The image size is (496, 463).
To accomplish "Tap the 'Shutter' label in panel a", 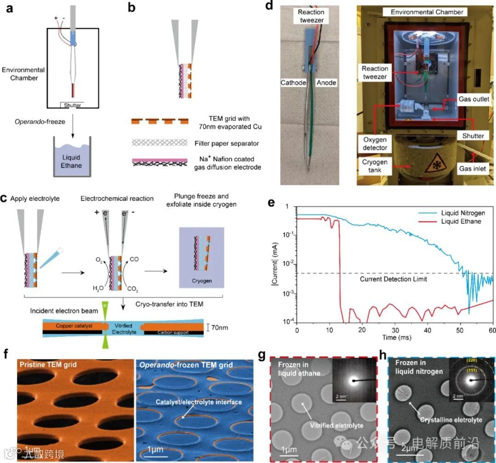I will point(73,106).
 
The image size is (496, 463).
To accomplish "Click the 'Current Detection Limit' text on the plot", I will point(394,279).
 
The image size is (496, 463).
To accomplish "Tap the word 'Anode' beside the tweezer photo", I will point(327,83).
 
